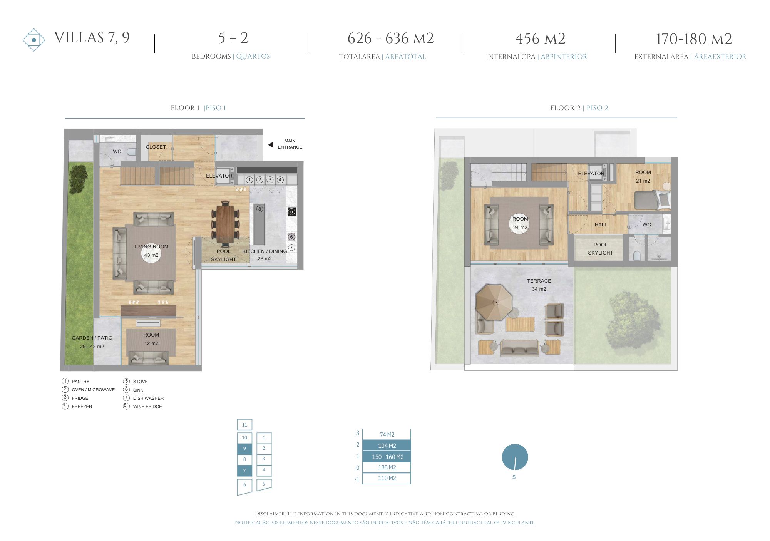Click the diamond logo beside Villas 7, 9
point(34,40)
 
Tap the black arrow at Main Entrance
point(271,145)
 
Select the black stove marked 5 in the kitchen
point(292,211)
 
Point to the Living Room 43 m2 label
point(151,251)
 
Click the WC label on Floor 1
point(117,151)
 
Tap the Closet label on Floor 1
point(156,147)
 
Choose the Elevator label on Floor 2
point(591,173)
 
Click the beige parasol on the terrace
point(494,302)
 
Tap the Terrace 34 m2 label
point(539,285)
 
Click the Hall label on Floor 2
point(601,224)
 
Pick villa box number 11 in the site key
point(244,425)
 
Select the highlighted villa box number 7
point(244,471)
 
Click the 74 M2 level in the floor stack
point(387,434)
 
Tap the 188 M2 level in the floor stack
point(387,467)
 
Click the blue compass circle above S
point(515,457)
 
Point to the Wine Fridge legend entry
point(143,406)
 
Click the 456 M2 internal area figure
point(541,39)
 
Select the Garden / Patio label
point(92,342)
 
